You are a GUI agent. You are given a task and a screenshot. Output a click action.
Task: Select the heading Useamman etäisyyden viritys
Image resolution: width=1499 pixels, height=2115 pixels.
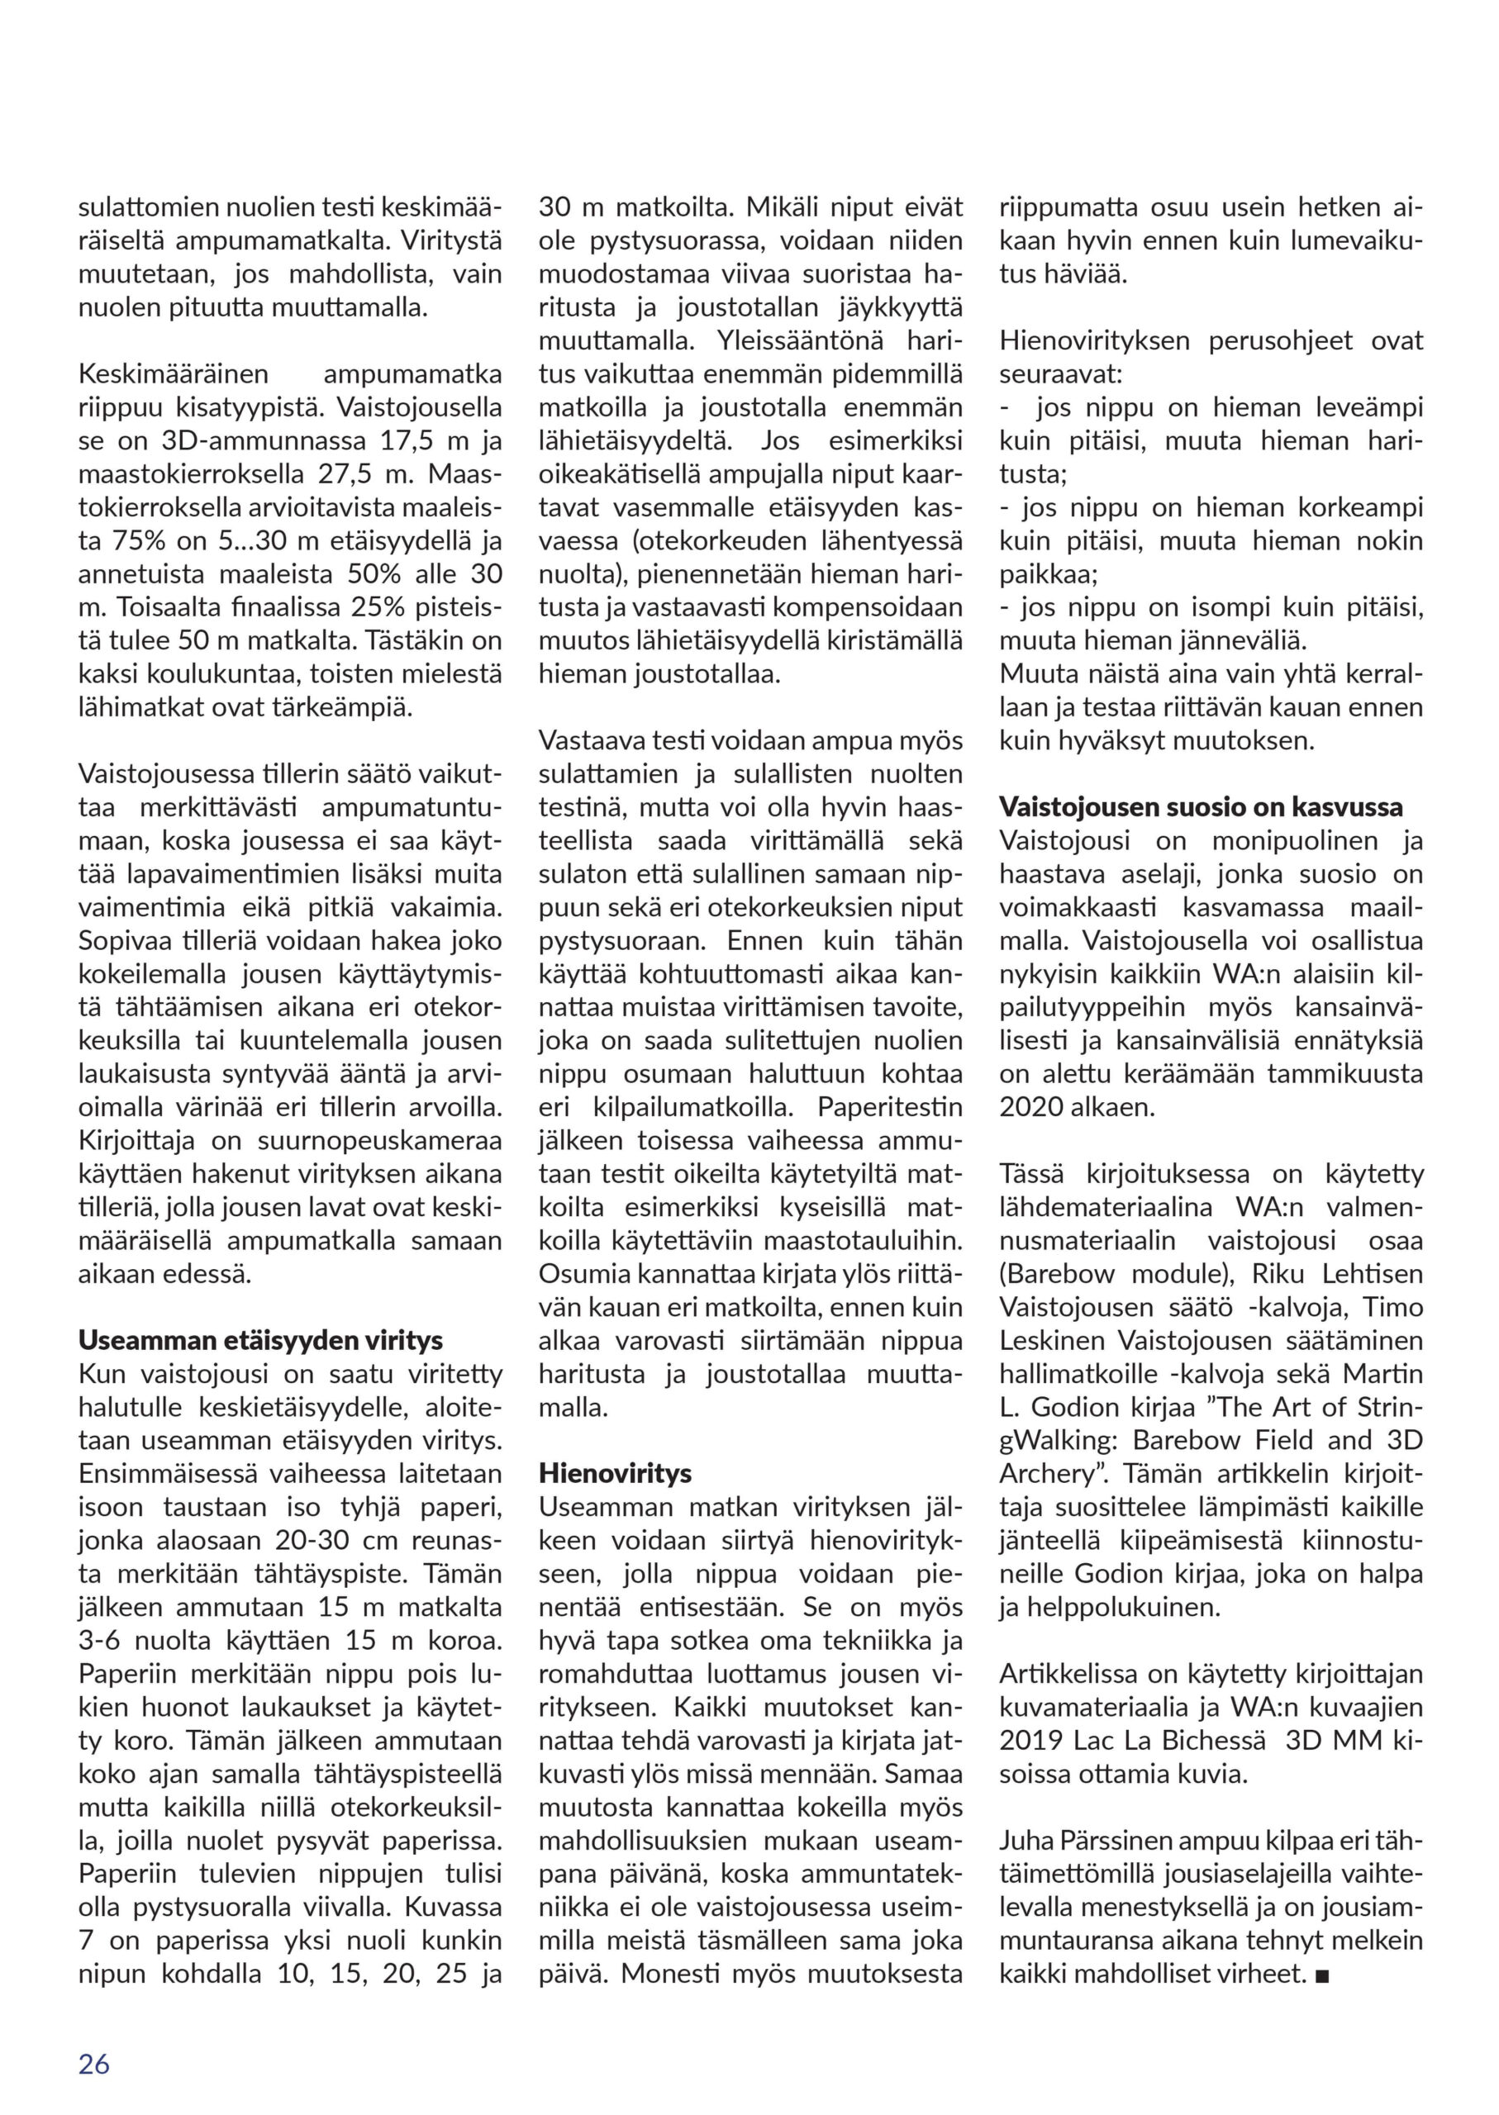point(260,1340)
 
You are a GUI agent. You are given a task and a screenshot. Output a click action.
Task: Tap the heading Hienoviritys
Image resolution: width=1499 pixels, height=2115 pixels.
point(615,1473)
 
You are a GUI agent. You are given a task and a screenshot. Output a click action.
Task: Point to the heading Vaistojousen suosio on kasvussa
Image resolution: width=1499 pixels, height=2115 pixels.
point(1201,807)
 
